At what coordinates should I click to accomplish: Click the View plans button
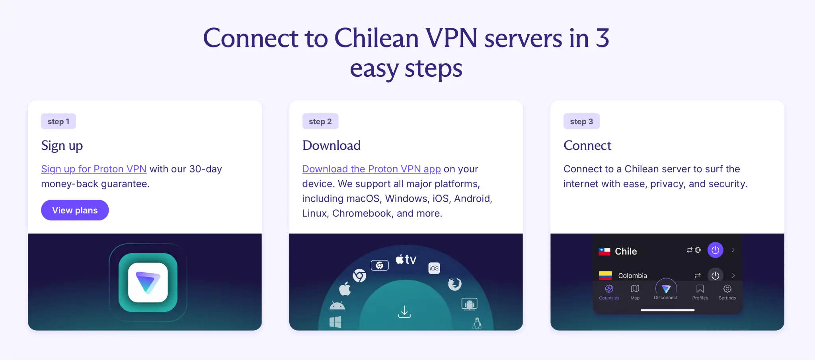[75, 210]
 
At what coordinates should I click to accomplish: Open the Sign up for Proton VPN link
[94, 169]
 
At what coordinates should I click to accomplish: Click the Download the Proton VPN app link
[371, 169]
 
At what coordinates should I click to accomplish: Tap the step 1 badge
[58, 121]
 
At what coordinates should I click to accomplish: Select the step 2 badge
[320, 121]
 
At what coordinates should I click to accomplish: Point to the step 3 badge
[581, 121]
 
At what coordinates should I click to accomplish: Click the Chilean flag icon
[604, 251]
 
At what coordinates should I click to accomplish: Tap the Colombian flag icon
[605, 275]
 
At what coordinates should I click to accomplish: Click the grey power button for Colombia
[715, 275]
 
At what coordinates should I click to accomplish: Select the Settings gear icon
[727, 289]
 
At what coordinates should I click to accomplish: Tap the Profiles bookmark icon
[700, 289]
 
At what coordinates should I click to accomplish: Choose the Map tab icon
[635, 289]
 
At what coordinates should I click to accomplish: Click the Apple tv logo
[406, 260]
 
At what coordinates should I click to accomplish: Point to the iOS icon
[434, 268]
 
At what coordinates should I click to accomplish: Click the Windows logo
[335, 322]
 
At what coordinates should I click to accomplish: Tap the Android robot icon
[337, 306]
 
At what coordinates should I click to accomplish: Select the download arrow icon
[404, 312]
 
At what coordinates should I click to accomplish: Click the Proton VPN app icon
[148, 282]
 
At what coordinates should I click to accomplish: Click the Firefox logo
[454, 284]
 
